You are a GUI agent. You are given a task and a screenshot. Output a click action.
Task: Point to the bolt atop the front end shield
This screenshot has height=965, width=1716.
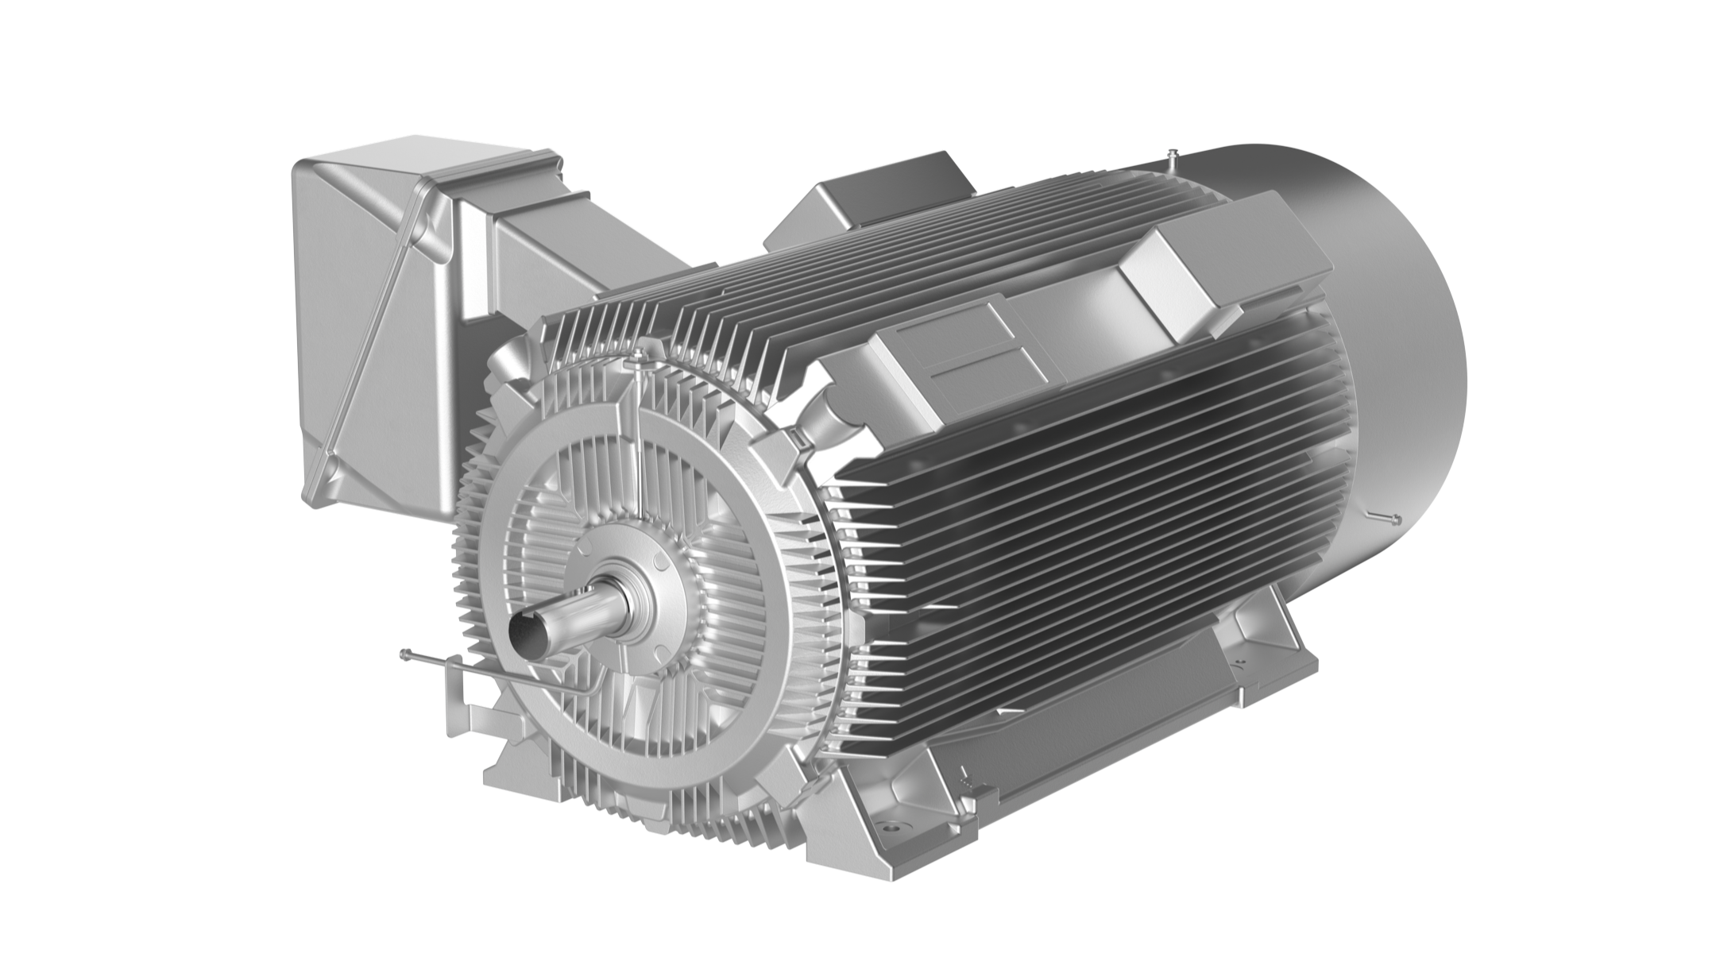[637, 352]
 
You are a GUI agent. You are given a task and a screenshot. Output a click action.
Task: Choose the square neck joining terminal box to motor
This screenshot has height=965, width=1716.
[540, 238]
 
